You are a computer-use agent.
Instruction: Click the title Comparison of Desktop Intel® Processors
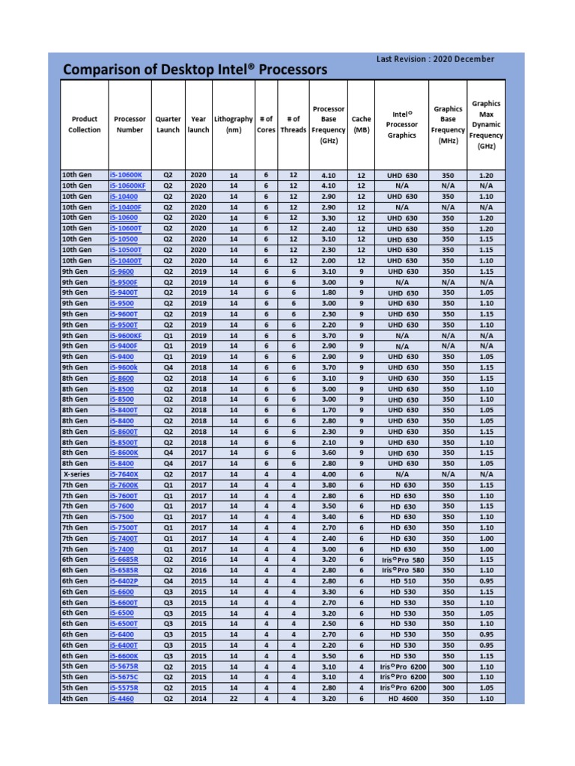coord(195,70)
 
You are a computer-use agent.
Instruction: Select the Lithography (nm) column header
coord(233,124)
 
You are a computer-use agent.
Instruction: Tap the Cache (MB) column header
coord(362,124)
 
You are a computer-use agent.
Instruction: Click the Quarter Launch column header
coord(168,124)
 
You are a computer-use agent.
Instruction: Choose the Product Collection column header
coord(85,124)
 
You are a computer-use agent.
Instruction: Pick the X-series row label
coord(76,474)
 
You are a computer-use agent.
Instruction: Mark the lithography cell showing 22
coord(233,699)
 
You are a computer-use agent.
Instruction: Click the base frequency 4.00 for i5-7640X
coord(329,474)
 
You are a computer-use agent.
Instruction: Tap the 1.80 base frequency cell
coord(329,292)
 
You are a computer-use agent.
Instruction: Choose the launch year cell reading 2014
coord(198,699)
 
